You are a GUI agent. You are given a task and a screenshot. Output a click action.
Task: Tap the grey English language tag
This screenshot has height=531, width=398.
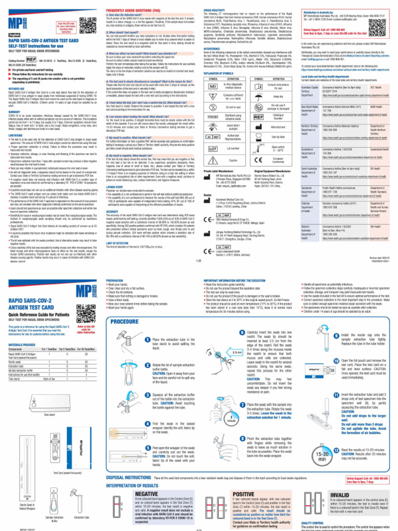coord(18,35)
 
